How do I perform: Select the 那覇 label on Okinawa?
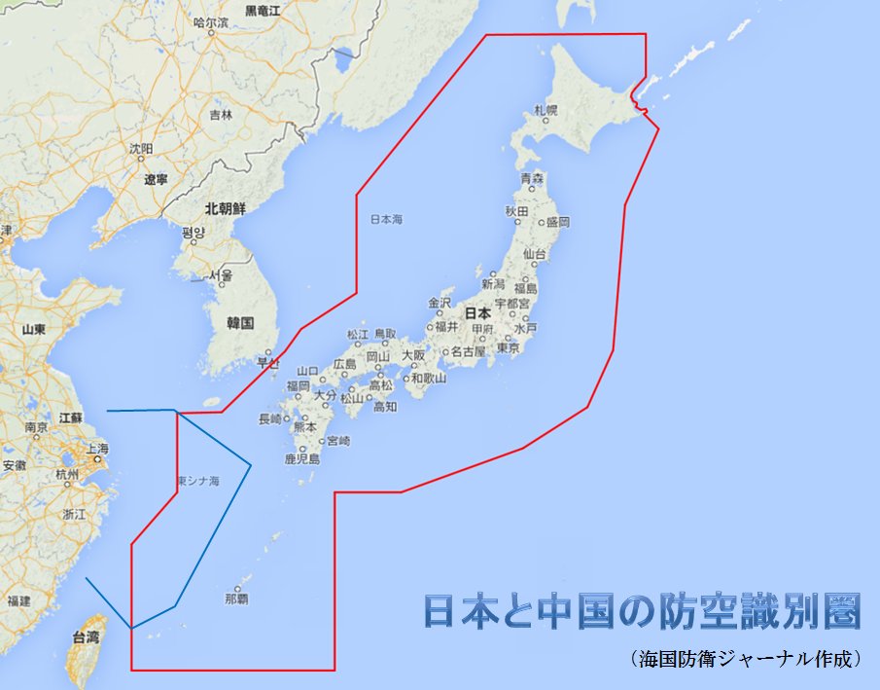coord(235,599)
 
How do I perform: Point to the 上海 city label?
coord(97,449)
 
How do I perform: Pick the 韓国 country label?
coord(239,322)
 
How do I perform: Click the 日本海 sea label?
coord(387,220)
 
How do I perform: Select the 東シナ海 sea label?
coord(198,481)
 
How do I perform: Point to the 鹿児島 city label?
coord(301,458)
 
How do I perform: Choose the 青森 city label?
coord(532,178)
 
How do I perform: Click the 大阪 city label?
coord(413,355)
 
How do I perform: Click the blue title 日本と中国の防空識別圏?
coord(642,611)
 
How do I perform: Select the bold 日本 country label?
coord(477,313)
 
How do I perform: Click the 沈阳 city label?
coord(141,149)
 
